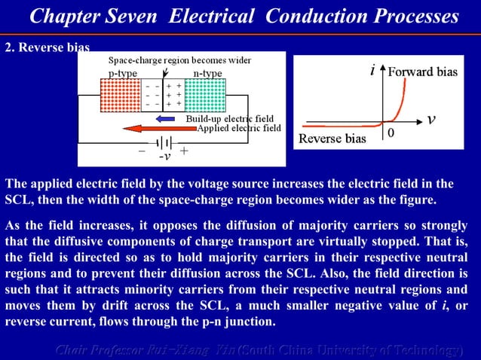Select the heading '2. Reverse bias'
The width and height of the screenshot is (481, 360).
[x=47, y=47]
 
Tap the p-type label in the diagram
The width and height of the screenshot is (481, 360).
[x=123, y=73]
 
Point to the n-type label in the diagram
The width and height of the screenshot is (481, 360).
[x=207, y=73]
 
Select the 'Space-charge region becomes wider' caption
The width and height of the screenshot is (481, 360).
[x=180, y=60]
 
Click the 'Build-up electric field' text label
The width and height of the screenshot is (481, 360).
[x=229, y=118]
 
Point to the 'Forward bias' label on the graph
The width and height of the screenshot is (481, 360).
[x=422, y=72]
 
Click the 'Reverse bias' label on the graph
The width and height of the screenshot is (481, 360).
[x=332, y=139]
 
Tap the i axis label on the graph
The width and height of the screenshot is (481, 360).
[x=373, y=72]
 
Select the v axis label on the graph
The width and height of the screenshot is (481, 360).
[x=430, y=120]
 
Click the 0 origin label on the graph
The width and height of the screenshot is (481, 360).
[x=391, y=133]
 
